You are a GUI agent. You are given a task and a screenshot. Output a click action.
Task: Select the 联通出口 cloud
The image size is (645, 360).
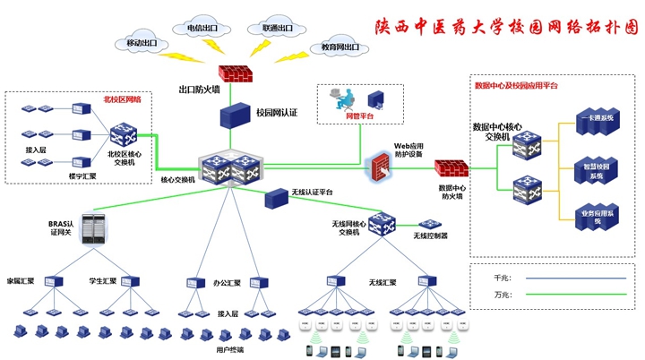[277, 28]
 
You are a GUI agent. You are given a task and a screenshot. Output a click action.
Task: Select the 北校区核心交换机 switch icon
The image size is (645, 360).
[123, 136]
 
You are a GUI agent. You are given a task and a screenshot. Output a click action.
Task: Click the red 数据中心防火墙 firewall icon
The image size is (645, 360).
[451, 168]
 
